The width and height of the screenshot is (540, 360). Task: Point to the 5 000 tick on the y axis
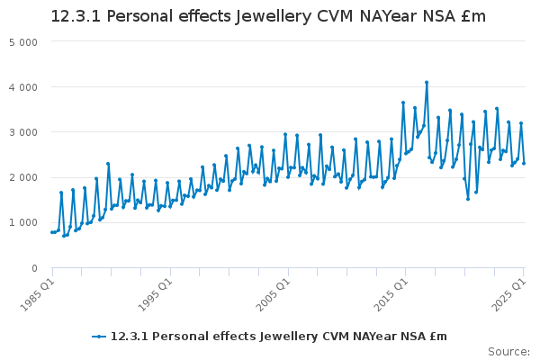click(x=23, y=42)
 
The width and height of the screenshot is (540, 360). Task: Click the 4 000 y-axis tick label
click(x=23, y=87)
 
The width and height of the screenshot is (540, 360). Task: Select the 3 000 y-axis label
click(x=23, y=132)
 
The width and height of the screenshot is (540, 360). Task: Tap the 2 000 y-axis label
click(x=23, y=177)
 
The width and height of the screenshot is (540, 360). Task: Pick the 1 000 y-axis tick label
click(x=23, y=222)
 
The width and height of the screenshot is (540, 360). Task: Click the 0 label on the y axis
click(x=34, y=267)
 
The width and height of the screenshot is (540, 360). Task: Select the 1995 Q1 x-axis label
click(x=153, y=289)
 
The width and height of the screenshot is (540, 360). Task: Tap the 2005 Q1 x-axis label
click(x=271, y=289)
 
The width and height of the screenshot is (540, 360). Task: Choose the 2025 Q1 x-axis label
click(x=507, y=289)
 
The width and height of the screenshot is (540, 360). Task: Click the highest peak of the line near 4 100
click(x=427, y=83)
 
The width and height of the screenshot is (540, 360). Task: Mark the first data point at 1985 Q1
click(x=51, y=232)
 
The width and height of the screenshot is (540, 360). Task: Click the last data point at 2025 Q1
click(x=524, y=163)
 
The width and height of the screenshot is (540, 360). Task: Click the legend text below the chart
click(x=278, y=337)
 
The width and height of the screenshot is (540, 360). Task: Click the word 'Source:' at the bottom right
click(x=508, y=351)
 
